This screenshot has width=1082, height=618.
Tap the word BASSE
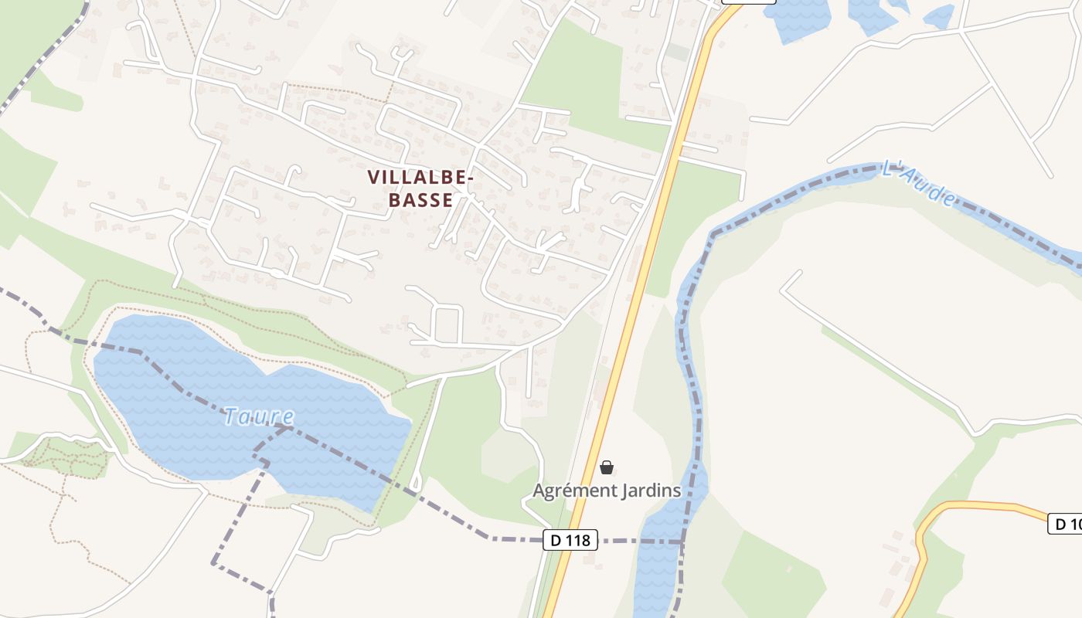pyautogui.click(x=420, y=200)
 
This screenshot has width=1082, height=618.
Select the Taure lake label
pyautogui.click(x=259, y=417)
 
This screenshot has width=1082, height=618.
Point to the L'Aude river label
pyautogui.click(x=919, y=184)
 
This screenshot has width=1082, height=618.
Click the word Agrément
pyautogui.click(x=570, y=491)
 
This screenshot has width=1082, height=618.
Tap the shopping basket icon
pyautogui.click(x=607, y=467)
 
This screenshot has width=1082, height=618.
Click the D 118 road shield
pyautogui.click(x=570, y=540)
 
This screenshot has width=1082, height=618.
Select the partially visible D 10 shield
pyautogui.click(x=1066, y=525)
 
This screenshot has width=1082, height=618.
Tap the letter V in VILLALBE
pyautogui.click(x=373, y=178)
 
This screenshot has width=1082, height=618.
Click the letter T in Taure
pyautogui.click(x=230, y=417)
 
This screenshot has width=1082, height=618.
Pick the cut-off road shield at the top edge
pyautogui.click(x=747, y=2)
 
